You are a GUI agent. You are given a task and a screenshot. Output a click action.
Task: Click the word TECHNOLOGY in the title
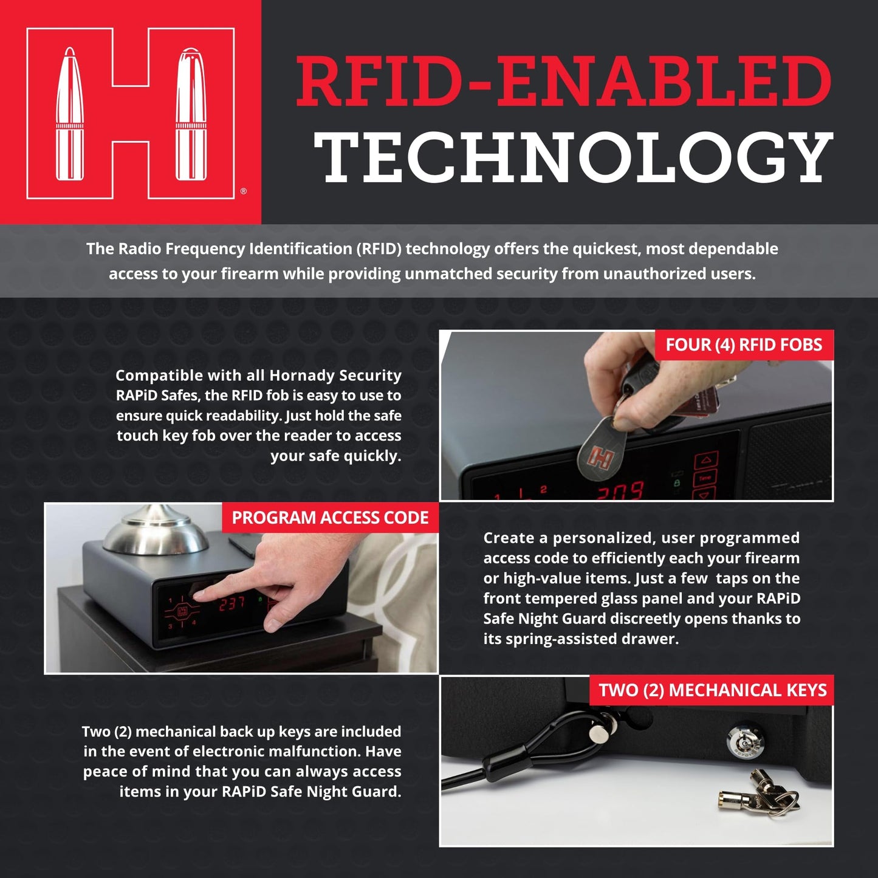(x=573, y=157)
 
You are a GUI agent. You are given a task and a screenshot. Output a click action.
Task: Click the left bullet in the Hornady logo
(x=70, y=114)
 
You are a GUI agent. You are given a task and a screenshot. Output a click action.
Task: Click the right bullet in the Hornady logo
(x=191, y=114)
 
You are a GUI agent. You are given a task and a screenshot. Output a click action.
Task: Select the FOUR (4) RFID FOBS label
(x=744, y=345)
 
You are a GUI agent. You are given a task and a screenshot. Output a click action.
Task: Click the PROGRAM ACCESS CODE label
(x=330, y=518)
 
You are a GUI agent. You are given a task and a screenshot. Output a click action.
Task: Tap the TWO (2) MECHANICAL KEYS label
(x=712, y=690)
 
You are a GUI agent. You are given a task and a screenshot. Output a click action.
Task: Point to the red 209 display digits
(x=620, y=491)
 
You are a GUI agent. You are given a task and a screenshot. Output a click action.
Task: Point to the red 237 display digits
(x=232, y=605)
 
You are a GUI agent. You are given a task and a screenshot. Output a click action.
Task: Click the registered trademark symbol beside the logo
(x=243, y=191)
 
